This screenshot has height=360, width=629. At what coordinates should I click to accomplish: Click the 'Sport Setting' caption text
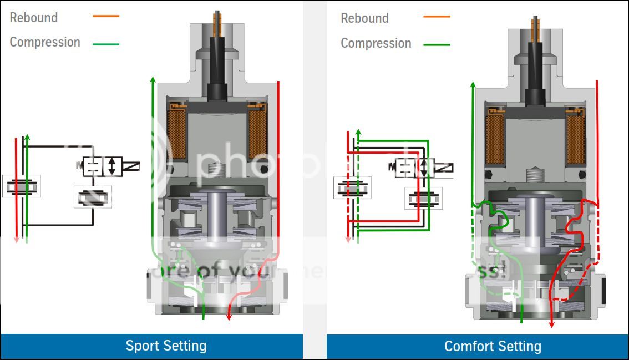(166, 346)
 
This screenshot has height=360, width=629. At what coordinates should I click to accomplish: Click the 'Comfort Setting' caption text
(493, 347)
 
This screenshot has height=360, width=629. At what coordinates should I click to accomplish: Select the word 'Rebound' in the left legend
(34, 18)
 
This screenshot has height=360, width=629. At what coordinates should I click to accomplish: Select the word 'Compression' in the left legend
(45, 42)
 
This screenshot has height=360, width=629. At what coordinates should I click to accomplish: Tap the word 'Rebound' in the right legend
(365, 18)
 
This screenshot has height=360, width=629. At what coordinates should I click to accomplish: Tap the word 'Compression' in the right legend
(376, 43)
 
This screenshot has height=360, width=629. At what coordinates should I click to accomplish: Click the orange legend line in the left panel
(106, 16)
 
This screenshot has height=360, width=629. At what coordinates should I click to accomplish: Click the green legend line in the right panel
(437, 44)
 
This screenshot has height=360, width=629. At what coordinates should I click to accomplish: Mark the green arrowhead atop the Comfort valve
(473, 85)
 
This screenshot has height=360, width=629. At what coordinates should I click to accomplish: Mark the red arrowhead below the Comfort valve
(551, 324)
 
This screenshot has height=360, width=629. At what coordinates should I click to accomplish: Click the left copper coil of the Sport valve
(177, 133)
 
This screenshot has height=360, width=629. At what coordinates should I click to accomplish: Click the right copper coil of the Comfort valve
(575, 139)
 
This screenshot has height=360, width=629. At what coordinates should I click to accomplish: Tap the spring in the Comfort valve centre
(535, 176)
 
